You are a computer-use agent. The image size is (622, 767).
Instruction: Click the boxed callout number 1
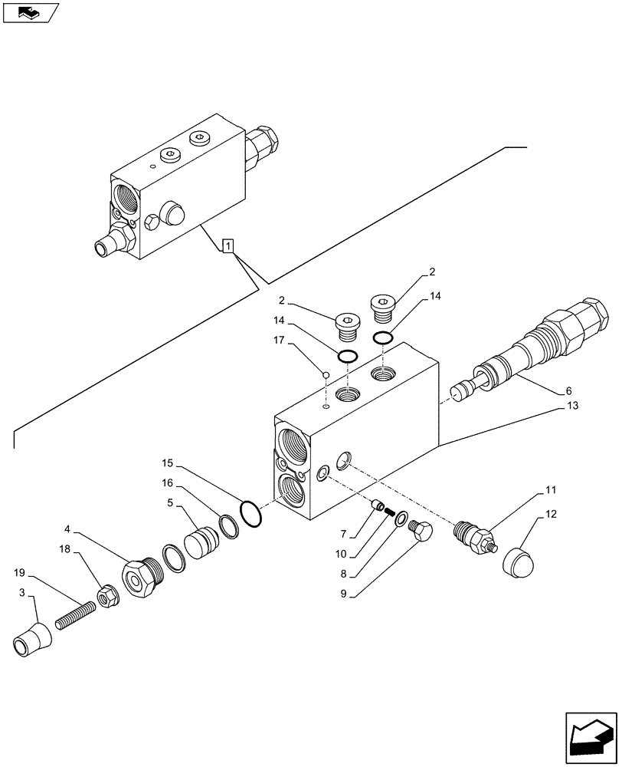tap(228, 245)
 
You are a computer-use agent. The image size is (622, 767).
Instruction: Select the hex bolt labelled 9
tap(421, 532)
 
